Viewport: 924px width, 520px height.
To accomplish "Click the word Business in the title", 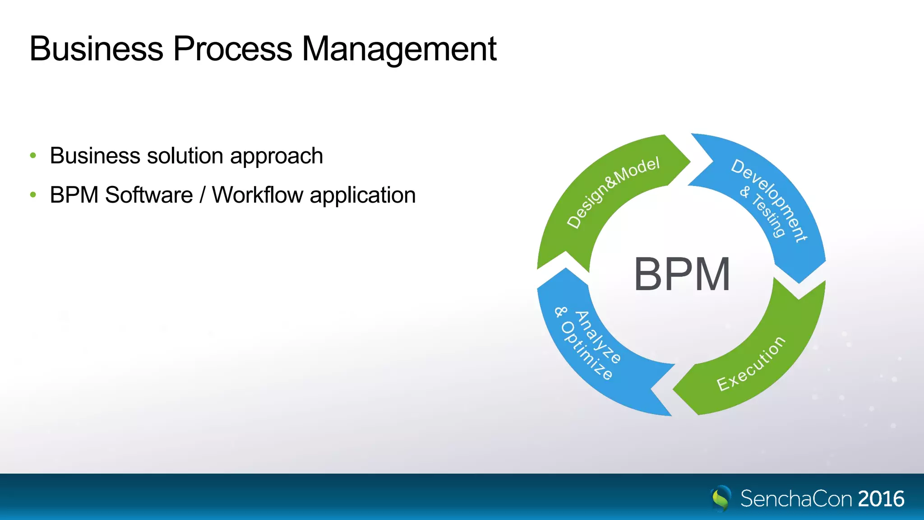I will point(96,49).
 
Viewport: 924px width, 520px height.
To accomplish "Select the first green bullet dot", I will point(33,156).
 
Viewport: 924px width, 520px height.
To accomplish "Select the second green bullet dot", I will point(33,195).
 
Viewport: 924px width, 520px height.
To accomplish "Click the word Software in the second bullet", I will point(149,195).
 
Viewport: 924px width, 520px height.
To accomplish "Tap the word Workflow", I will point(258,195).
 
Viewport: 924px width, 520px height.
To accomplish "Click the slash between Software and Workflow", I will point(203,195).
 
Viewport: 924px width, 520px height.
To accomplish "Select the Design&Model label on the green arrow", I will point(613,192).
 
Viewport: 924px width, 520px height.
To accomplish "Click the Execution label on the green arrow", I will point(751,364).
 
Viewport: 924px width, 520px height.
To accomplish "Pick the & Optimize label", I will point(583,344).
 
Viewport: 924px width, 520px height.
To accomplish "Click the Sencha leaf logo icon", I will point(721,498).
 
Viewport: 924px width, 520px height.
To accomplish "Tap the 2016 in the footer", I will point(881,499).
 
